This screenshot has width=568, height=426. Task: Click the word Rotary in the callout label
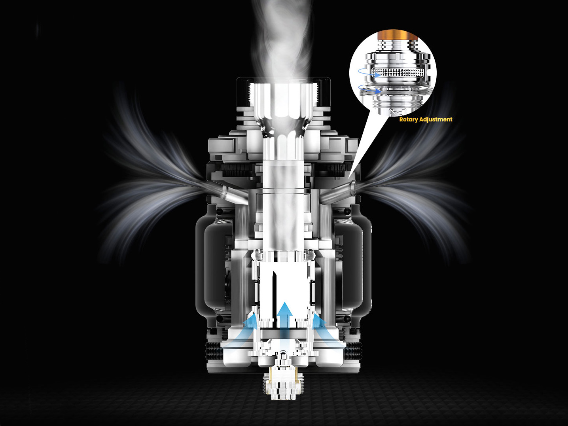pyautogui.click(x=408, y=119)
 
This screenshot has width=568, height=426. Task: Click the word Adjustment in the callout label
pyautogui.click(x=436, y=119)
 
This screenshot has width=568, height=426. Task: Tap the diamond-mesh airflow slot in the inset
pyautogui.click(x=400, y=72)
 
